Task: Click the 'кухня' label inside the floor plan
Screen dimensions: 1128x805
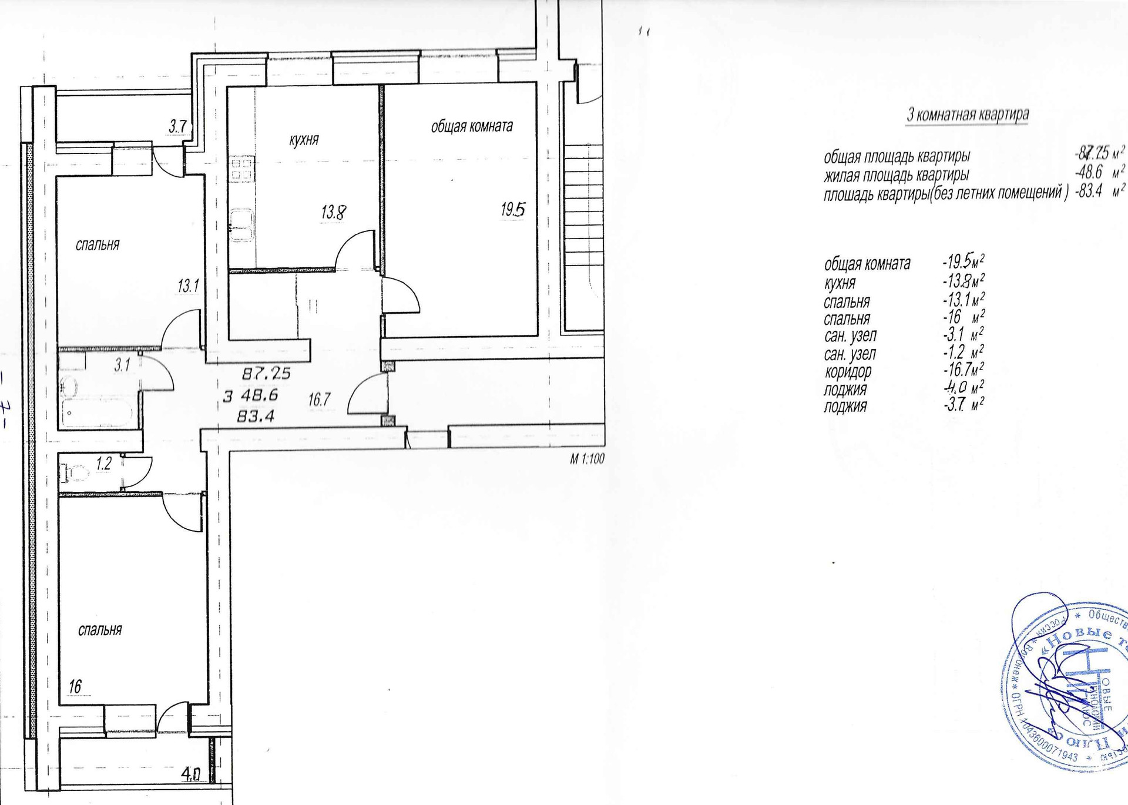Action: pos(304,140)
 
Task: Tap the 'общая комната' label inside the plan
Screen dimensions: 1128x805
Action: pos(472,126)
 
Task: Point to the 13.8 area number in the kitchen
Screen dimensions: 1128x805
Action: pos(333,212)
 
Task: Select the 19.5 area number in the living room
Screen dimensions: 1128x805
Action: pos(513,209)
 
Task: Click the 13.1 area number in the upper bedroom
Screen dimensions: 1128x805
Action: pos(188,286)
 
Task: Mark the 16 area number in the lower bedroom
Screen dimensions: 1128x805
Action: pos(75,686)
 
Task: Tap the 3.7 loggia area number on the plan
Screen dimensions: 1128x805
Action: pos(177,126)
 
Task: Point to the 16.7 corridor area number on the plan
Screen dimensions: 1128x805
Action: pos(319,400)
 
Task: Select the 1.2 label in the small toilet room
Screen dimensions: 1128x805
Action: pos(104,464)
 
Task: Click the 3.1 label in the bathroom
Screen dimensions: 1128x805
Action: pos(122,365)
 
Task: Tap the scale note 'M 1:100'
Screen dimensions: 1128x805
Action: pos(587,459)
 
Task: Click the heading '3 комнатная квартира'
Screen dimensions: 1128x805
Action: pos(967,114)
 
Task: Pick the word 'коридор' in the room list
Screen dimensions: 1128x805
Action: pos(848,371)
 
